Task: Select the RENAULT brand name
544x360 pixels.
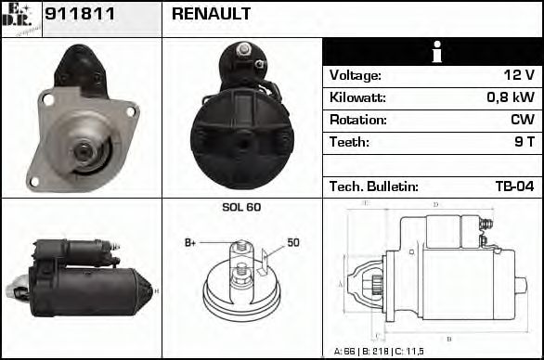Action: tap(211, 15)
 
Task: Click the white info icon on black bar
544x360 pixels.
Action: tap(434, 51)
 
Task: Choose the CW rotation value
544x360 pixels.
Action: tap(522, 121)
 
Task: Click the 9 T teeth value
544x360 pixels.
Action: tap(524, 143)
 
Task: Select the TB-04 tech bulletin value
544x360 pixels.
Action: tap(514, 187)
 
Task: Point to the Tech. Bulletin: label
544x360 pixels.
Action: tap(373, 187)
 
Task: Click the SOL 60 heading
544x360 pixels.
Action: tap(241, 208)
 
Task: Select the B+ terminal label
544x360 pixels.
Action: tap(190, 243)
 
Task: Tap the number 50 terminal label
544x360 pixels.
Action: tap(292, 243)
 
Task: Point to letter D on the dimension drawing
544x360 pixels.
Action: tap(436, 205)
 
